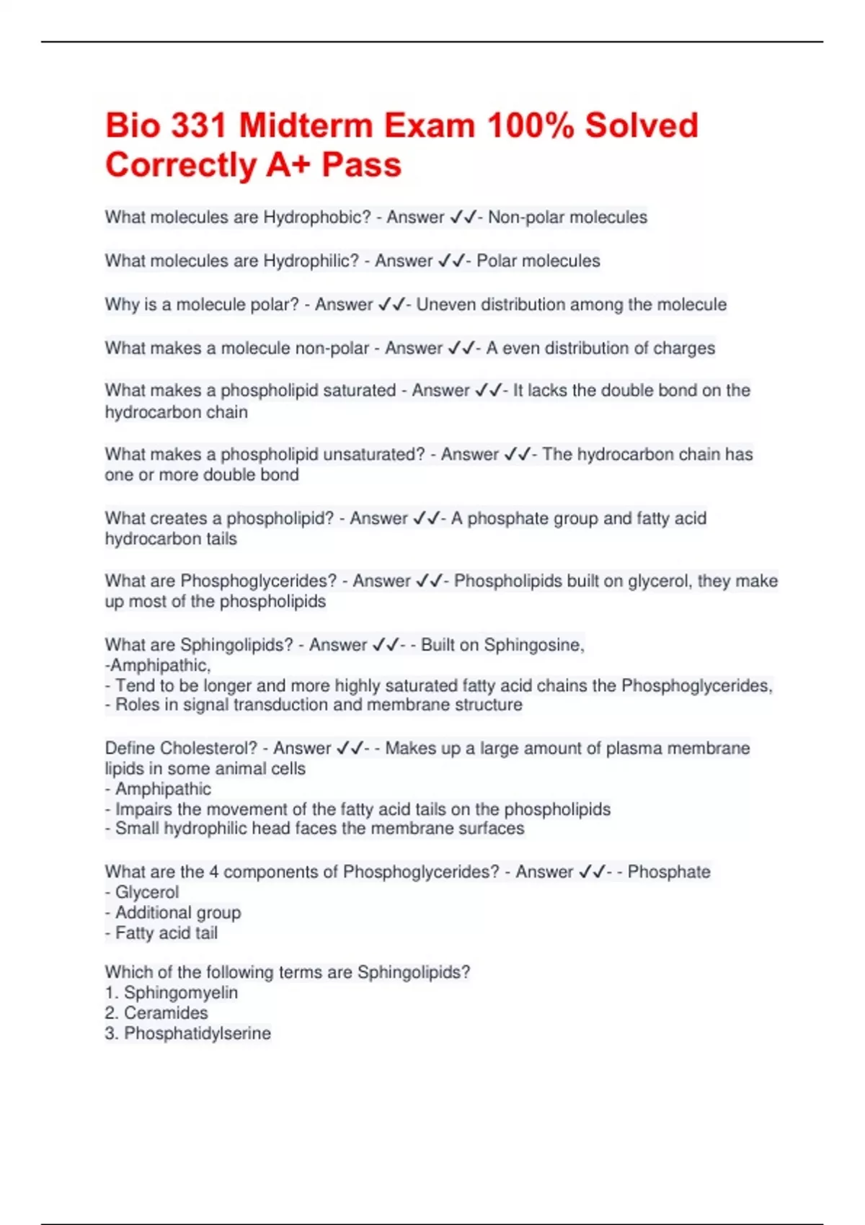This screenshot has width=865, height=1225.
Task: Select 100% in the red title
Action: [531, 125]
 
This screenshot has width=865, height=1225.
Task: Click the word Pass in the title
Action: [361, 165]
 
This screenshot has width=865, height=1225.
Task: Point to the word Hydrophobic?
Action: [317, 217]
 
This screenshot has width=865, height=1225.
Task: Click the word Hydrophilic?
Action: [311, 261]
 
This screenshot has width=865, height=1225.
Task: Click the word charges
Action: [684, 348]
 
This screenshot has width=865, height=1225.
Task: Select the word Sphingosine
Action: [533, 645]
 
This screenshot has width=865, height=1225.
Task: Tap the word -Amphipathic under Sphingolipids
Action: [157, 665]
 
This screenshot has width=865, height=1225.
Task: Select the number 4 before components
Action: [214, 872]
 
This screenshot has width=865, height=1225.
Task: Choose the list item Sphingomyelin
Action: [180, 993]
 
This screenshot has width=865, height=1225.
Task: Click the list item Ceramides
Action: [166, 1013]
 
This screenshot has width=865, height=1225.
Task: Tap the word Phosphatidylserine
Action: [198, 1033]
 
